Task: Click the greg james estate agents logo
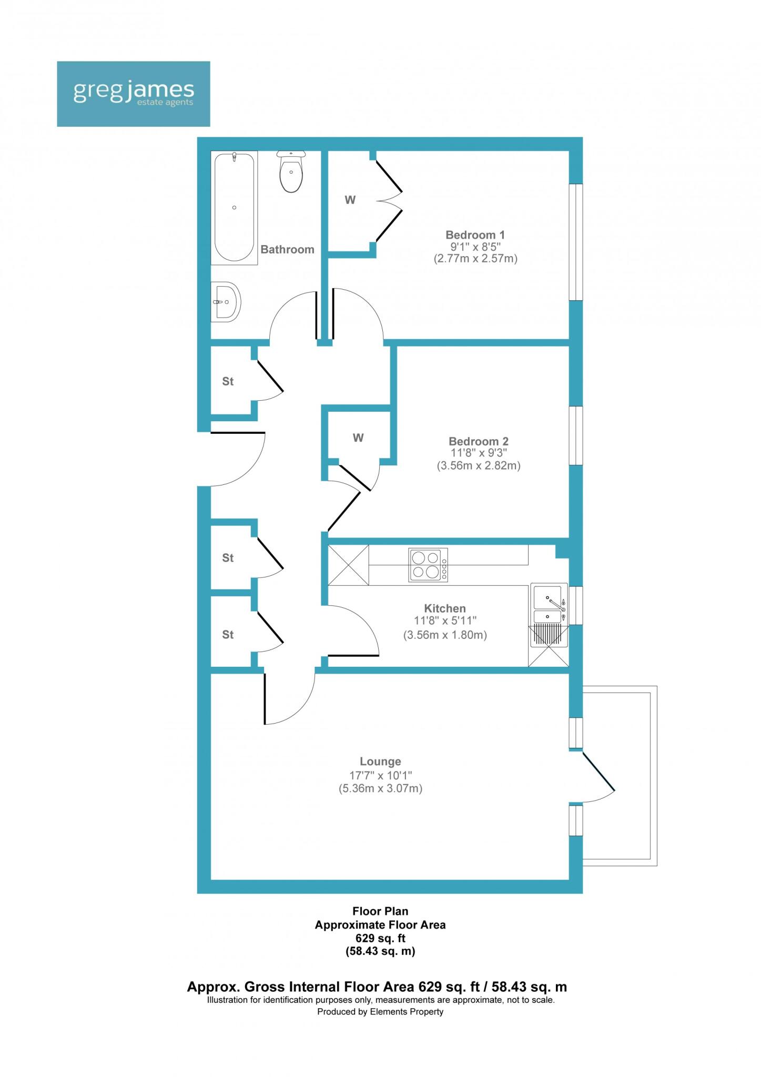click(x=133, y=94)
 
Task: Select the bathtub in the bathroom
click(x=234, y=207)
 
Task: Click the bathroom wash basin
click(x=226, y=302)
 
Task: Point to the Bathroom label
click(x=287, y=249)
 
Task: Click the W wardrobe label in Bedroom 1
click(x=350, y=200)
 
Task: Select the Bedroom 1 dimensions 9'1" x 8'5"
click(x=475, y=247)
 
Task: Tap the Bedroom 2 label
click(x=478, y=441)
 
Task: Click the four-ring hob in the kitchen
click(x=428, y=564)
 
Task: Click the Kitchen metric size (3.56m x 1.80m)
click(x=445, y=635)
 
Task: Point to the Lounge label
click(x=380, y=761)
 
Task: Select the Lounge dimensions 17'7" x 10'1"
click(x=380, y=775)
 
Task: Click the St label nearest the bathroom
click(x=228, y=381)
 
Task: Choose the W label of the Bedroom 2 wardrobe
click(x=358, y=438)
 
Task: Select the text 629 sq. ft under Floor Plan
click(x=380, y=938)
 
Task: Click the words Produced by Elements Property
click(x=380, y=1011)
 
